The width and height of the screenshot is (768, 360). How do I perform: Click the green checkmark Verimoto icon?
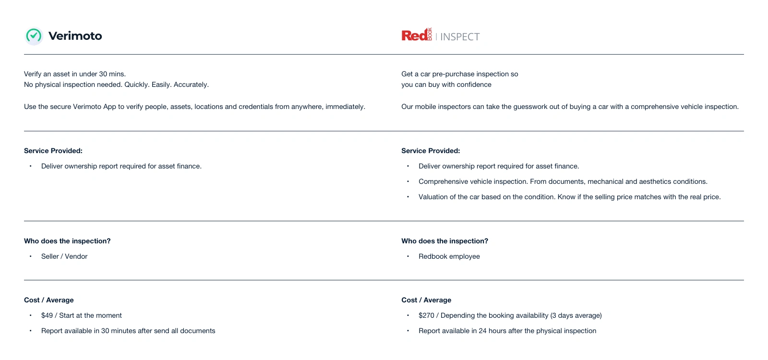point(34,36)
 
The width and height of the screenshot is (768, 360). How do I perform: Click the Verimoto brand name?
point(75,36)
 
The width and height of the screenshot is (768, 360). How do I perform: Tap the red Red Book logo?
point(416,35)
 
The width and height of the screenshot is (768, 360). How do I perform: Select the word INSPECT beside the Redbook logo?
point(460,37)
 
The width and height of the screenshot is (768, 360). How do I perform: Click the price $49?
point(47,315)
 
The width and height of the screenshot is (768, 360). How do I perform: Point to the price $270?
point(426,315)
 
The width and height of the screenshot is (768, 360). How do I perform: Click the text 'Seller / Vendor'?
point(64,256)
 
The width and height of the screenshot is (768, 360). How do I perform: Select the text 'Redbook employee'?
point(449,256)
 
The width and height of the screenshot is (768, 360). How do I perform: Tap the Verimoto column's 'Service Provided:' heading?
point(53,151)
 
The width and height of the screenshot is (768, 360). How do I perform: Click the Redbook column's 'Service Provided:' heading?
point(431,151)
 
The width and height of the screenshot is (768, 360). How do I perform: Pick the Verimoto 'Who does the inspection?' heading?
point(67,241)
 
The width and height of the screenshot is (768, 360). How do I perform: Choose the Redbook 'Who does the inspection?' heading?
point(444,241)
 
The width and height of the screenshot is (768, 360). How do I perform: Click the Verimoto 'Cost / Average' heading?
point(49,300)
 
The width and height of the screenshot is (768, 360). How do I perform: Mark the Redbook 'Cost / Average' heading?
point(426,300)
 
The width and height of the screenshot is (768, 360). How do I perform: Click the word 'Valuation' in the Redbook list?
point(434,197)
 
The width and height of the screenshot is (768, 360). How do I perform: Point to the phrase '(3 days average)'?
point(576,315)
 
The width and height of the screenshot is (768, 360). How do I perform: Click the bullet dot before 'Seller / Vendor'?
point(31,256)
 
